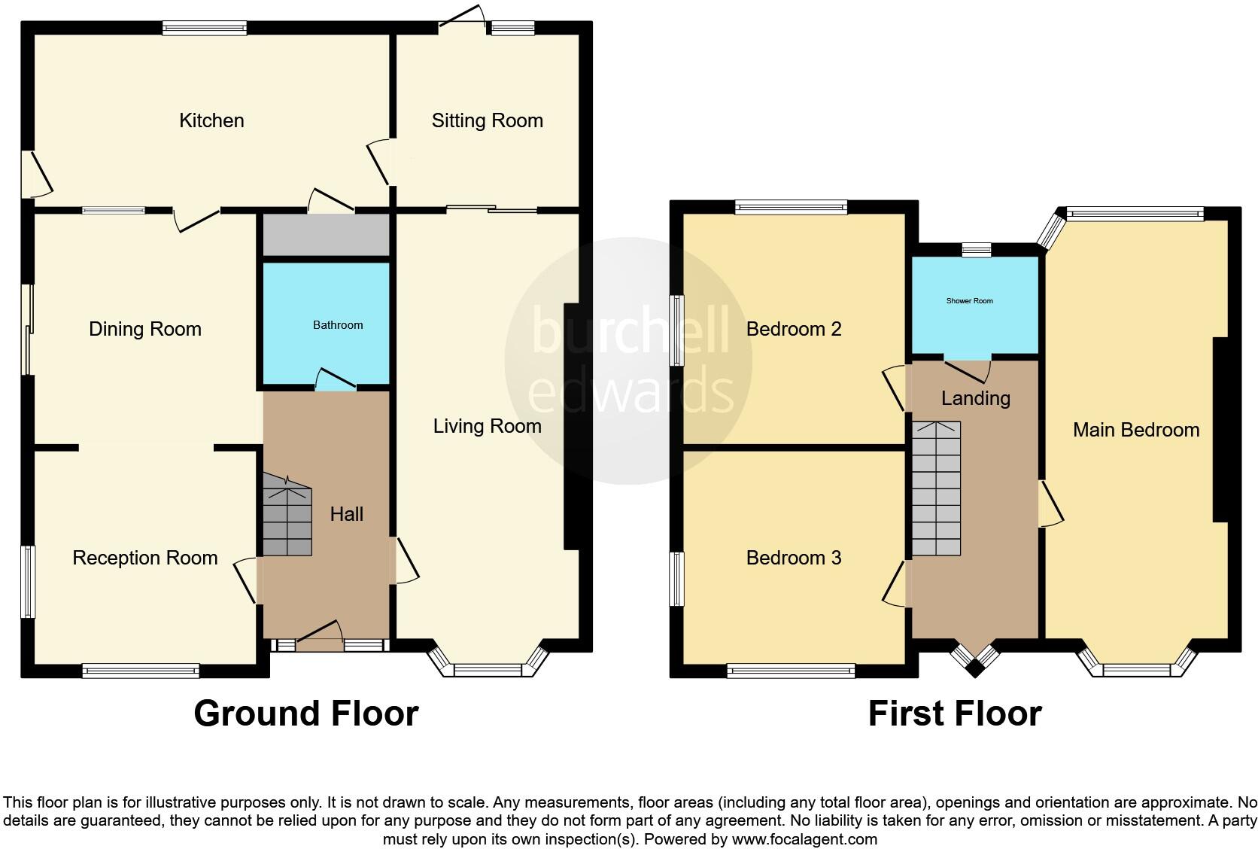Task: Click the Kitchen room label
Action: tap(211, 120)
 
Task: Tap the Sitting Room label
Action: tap(487, 120)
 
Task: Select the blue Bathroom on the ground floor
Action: tap(326, 324)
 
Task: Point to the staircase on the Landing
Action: tap(937, 488)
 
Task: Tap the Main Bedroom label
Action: tap(1135, 430)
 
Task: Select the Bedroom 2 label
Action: tap(793, 329)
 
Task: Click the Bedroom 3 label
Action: tap(793, 558)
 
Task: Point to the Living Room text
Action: tap(487, 426)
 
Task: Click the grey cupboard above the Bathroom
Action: tap(326, 235)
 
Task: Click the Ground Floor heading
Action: tap(305, 714)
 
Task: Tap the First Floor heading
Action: tap(954, 714)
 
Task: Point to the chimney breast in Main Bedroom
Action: tap(1220, 429)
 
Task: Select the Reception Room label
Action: tap(144, 558)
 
